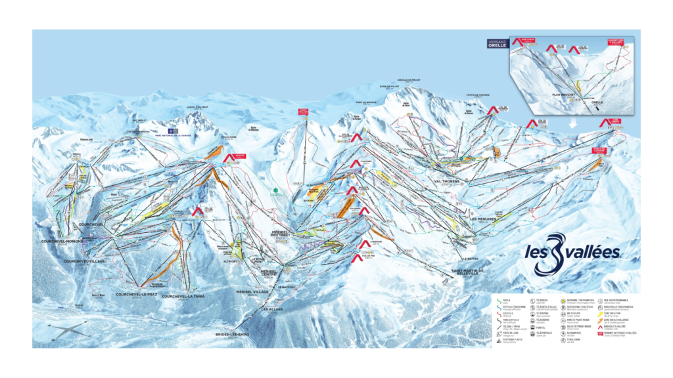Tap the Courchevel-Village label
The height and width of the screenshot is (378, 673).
(x=85, y=261)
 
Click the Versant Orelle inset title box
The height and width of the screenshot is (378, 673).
(x=497, y=44)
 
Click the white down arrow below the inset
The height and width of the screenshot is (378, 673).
(x=572, y=123)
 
